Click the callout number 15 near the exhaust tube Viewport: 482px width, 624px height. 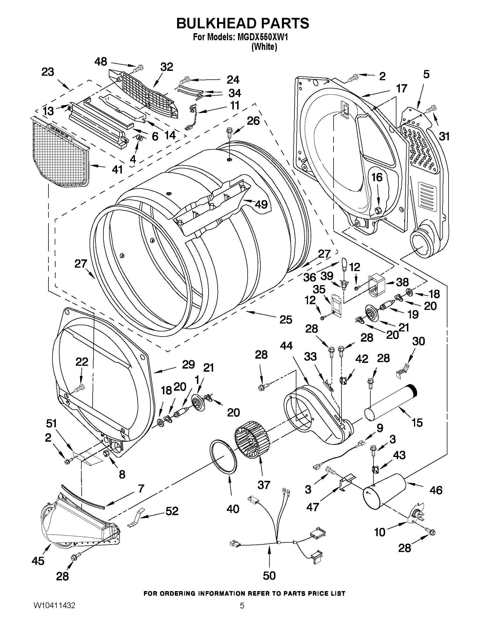(417, 422)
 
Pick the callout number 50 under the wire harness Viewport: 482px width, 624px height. (269, 576)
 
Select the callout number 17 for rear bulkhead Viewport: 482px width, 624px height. (402, 89)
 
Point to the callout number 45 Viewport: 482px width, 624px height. (38, 561)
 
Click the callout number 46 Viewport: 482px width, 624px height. (436, 490)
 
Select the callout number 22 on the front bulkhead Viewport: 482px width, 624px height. (82, 362)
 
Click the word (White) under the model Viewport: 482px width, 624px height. (264, 47)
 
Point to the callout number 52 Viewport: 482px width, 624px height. (172, 511)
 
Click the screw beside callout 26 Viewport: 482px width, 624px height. (229, 132)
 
